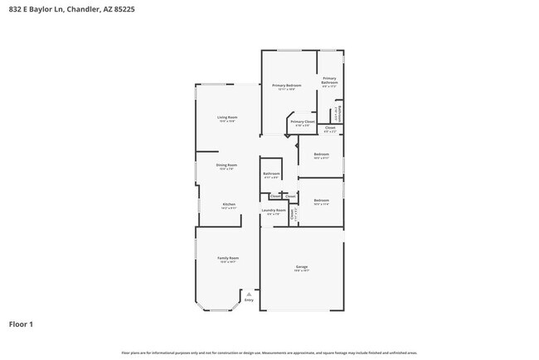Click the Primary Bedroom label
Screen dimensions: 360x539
click(x=287, y=85)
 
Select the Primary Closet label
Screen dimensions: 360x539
click(x=303, y=121)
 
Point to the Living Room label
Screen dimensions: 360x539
click(x=227, y=117)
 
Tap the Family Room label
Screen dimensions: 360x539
click(x=228, y=258)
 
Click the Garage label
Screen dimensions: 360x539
click(x=301, y=266)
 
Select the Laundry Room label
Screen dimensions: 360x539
click(x=274, y=210)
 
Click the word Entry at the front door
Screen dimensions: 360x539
click(x=249, y=299)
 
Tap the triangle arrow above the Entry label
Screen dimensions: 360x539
click(x=249, y=292)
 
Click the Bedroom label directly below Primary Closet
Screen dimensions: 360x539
click(x=321, y=154)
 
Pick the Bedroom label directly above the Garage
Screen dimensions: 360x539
click(x=321, y=200)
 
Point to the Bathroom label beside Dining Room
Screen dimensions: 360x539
click(x=271, y=173)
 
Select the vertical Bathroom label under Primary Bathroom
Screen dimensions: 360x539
click(x=340, y=112)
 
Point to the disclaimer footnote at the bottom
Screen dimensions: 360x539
click(x=269, y=353)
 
